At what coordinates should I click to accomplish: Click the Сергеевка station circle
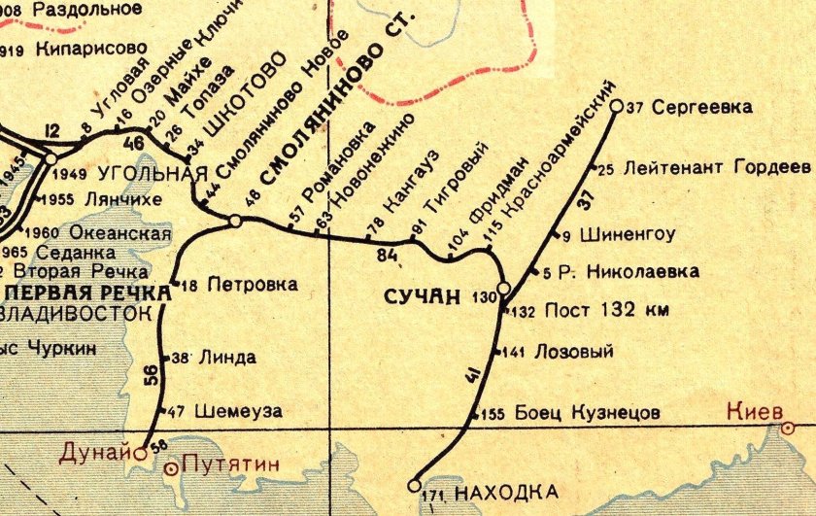pos(615,106)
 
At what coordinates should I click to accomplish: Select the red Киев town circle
pos(787,427)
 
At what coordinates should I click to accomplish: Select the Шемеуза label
pos(238,411)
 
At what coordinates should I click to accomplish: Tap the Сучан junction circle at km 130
pos(503,288)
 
